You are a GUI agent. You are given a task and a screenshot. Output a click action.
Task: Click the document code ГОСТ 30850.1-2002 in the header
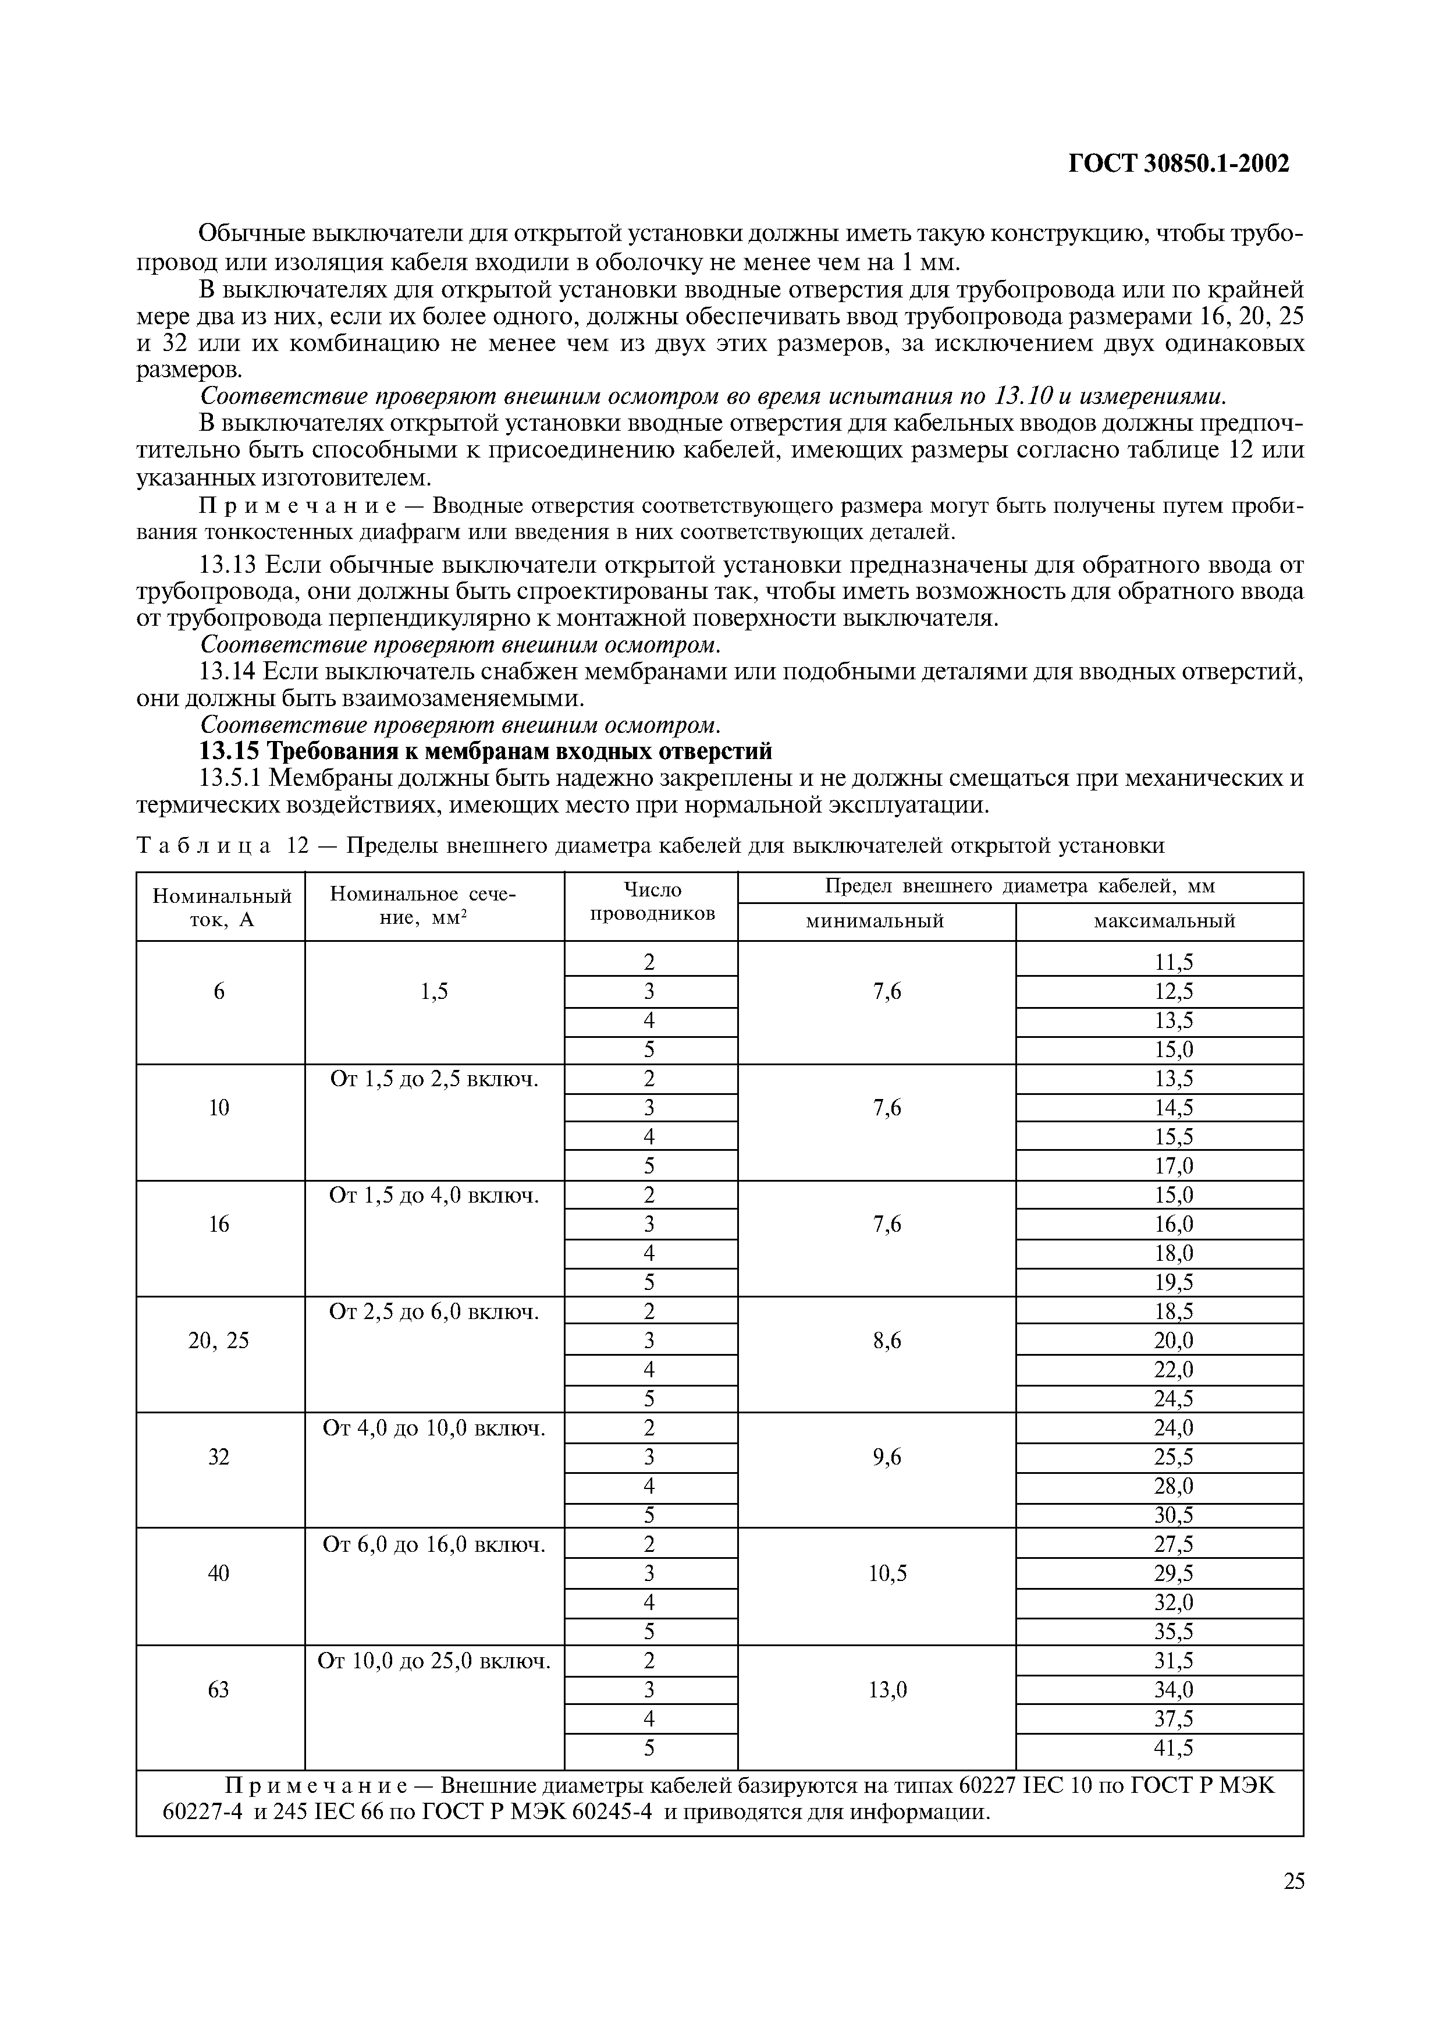1177,164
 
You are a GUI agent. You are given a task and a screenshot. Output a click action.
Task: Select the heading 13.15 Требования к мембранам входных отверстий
485,751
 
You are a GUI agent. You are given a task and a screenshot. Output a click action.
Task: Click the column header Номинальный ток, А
221,907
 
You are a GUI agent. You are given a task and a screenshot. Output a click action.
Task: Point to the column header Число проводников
652,902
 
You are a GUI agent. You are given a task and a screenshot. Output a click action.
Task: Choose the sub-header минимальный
875,921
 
